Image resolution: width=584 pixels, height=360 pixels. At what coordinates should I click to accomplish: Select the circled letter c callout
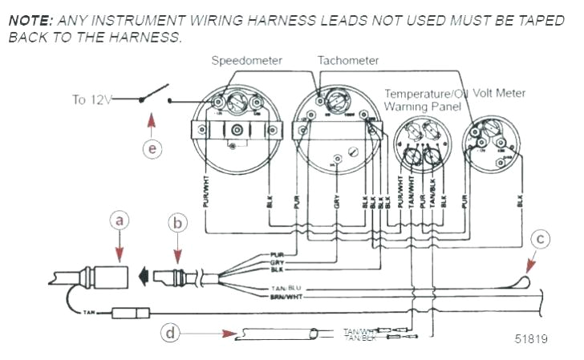(542, 238)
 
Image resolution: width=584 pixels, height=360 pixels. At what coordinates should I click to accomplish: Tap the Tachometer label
(348, 61)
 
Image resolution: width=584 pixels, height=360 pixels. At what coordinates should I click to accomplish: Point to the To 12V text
(90, 100)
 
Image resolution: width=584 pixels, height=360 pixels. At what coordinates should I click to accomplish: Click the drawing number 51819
(531, 339)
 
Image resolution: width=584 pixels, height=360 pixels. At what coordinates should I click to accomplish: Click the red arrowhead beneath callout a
(119, 256)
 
